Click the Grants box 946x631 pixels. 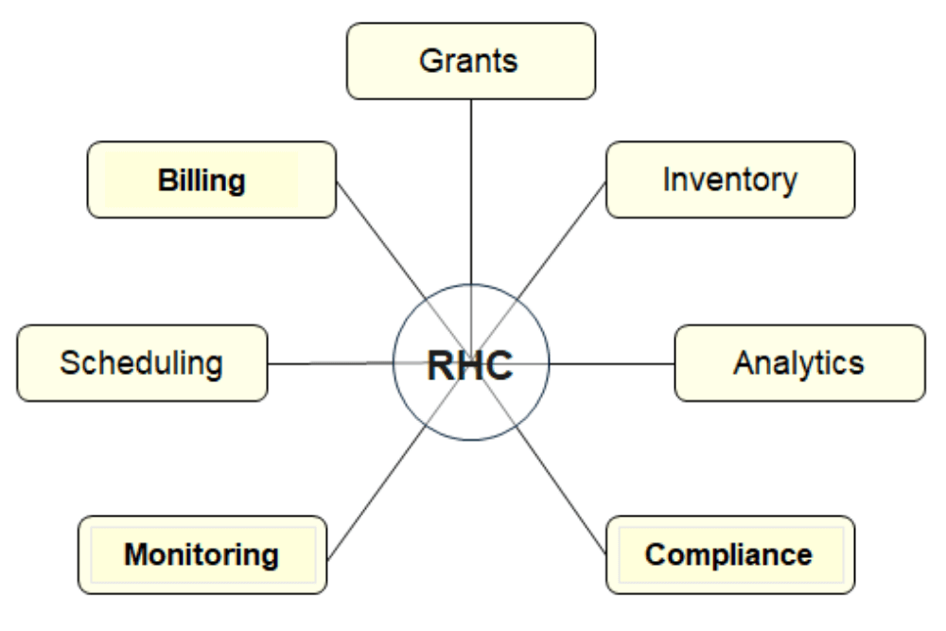pos(471,61)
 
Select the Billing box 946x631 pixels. pos(211,180)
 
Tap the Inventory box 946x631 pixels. pos(730,180)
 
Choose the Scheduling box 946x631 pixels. pos(142,363)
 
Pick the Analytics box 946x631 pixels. pos(799,363)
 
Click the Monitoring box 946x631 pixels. pos(201,554)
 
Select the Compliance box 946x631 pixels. pos(729,554)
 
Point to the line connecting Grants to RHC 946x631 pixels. pos(471,189)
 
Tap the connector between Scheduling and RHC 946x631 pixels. pos(331,363)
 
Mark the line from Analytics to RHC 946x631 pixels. pos(610,363)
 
